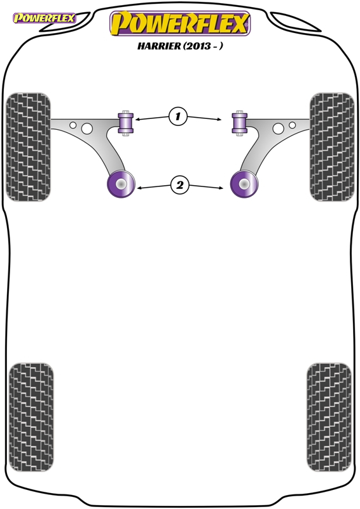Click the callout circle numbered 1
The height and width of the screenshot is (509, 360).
point(178,116)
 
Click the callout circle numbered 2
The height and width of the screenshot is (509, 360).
point(179,185)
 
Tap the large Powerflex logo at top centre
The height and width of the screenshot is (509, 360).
point(180,24)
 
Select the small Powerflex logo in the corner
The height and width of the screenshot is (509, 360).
point(44,18)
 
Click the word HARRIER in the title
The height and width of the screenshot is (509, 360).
point(159,46)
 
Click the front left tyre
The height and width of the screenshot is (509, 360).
point(28,147)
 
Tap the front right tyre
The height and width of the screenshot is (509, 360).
point(332,147)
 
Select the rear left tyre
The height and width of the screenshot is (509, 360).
point(31,417)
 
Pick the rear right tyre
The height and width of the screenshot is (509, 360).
point(329,417)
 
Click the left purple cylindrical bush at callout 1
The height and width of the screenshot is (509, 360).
point(126,123)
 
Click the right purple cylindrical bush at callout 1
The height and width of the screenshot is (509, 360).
point(240,123)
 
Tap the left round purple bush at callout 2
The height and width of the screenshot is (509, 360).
point(121,184)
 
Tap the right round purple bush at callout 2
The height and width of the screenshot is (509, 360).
point(244,184)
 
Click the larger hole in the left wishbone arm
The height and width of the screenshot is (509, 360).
point(87,129)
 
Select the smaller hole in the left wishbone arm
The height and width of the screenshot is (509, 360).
point(73,125)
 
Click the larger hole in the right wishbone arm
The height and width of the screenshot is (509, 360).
point(278,129)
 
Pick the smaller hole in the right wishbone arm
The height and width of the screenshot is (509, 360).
point(292,125)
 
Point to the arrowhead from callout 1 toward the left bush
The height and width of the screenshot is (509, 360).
point(137,120)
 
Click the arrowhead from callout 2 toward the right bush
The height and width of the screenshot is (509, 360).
point(221,188)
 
